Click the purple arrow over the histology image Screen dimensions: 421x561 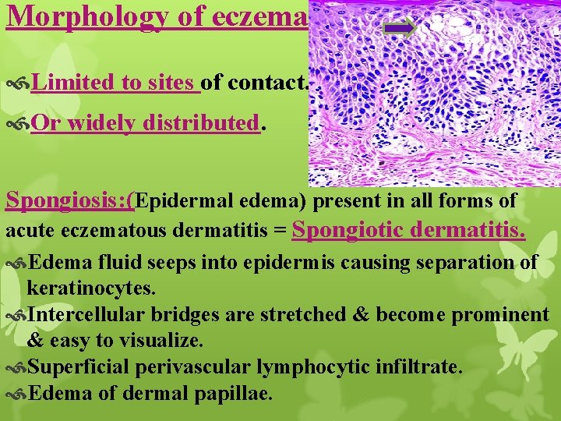pos(400,29)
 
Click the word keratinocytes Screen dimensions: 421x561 pos(91,288)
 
